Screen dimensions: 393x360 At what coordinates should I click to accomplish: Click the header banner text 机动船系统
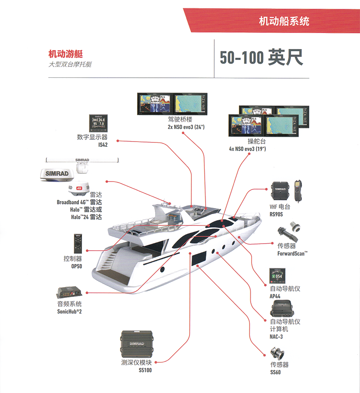coord(284,21)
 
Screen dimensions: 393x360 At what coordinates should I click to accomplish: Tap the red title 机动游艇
coord(65,54)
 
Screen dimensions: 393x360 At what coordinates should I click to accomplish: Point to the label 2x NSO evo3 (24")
coord(186,127)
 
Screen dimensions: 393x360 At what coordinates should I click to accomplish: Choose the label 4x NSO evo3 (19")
coord(247,149)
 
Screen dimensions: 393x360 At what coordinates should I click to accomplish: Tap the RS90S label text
coord(276,214)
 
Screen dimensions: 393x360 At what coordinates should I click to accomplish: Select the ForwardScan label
coord(292,253)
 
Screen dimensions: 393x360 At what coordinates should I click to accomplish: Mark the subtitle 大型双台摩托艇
coord(70,64)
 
